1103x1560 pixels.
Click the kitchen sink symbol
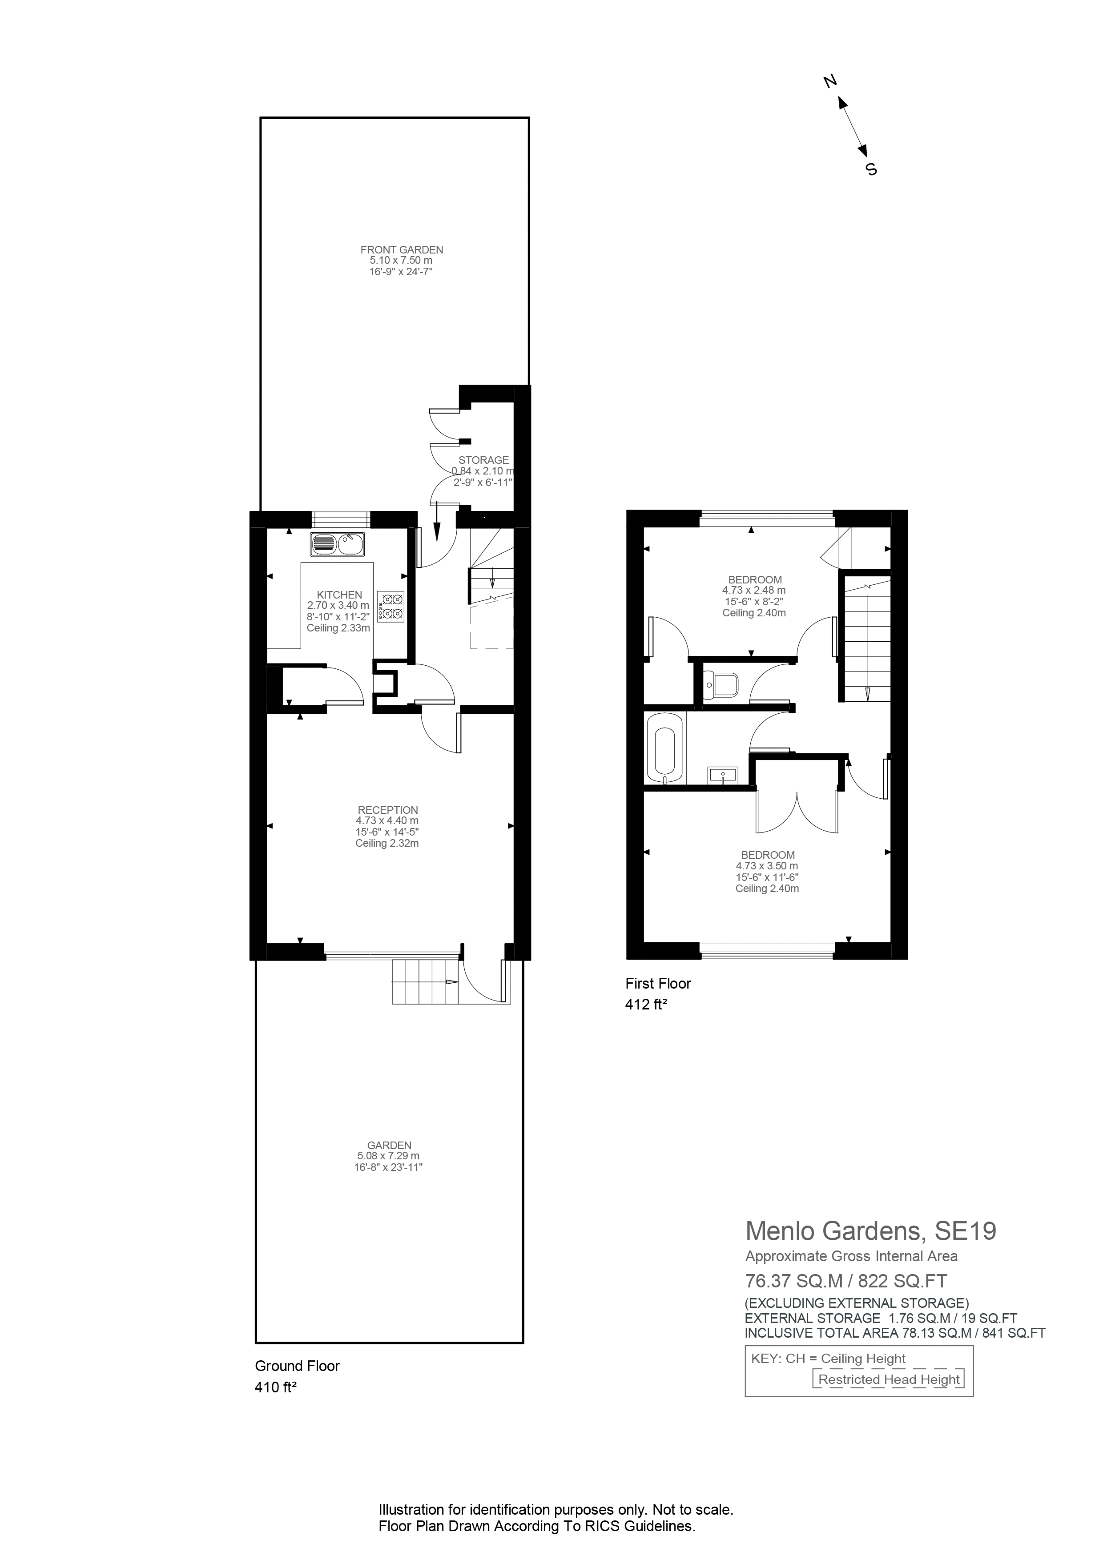[338, 544]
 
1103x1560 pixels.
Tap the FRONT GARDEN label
[402, 249]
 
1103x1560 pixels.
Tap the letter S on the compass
[871, 169]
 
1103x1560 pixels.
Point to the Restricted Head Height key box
[889, 1379]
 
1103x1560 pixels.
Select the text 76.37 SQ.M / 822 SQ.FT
[846, 1281]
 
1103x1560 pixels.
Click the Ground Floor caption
[297, 1366]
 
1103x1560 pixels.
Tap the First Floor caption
[658, 983]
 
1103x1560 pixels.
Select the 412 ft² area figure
[646, 1004]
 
